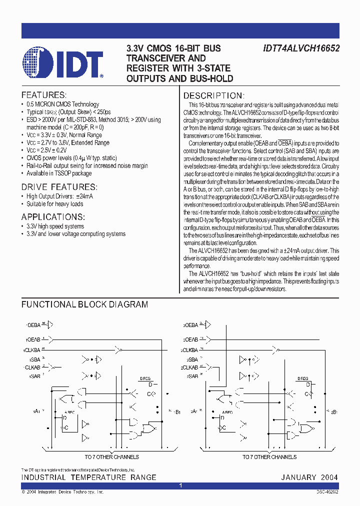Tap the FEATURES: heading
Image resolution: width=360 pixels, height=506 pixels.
43,95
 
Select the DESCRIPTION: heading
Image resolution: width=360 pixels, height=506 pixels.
213,95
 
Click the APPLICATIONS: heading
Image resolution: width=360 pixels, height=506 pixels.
52,216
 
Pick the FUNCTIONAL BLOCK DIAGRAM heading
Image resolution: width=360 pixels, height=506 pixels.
84,304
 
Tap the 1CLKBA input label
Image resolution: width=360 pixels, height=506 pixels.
32,350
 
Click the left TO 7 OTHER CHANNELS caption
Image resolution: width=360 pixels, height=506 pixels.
111,457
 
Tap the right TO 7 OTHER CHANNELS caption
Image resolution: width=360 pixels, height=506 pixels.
269,457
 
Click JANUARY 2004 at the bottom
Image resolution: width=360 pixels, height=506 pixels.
309,477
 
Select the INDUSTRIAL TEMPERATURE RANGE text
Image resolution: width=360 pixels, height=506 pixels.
88,477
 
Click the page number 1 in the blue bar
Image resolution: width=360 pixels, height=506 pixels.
180,485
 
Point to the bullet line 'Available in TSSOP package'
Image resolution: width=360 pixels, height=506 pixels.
59,173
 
